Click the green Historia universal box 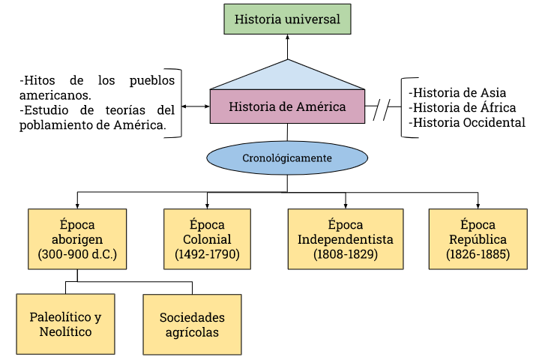(x=287, y=19)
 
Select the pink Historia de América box (x=287, y=106)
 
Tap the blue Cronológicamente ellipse (x=287, y=158)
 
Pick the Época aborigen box (x=77, y=238)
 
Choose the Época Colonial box (x=207, y=238)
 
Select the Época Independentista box (x=346, y=238)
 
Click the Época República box (x=478, y=238)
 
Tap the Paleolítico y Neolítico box (x=66, y=323)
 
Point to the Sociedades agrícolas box (x=192, y=323)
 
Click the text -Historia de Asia (x=457, y=93)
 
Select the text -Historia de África (x=463, y=108)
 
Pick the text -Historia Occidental (x=467, y=123)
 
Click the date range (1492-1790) (x=207, y=255)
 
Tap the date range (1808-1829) (x=346, y=255)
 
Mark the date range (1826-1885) (x=478, y=255)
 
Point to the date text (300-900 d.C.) (x=77, y=255)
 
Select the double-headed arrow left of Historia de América (x=196, y=106)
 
